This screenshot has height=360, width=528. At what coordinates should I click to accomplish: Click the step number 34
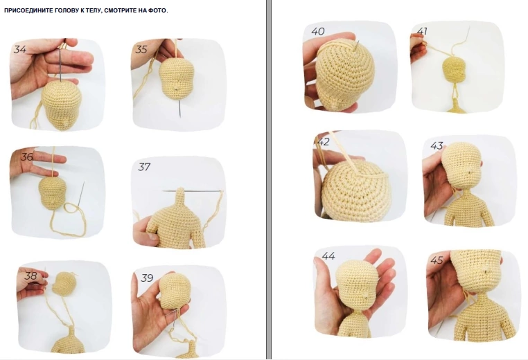pyautogui.click(x=20, y=49)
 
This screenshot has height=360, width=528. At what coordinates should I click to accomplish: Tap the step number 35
pyautogui.click(x=141, y=49)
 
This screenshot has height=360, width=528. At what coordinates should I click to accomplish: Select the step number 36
pyautogui.click(x=27, y=156)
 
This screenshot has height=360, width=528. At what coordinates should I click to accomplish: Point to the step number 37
pyautogui.click(x=144, y=167)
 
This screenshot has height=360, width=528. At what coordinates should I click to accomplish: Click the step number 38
pyautogui.click(x=30, y=276)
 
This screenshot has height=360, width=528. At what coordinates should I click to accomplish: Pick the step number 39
pyautogui.click(x=147, y=278)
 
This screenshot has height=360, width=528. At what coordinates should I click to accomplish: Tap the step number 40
pyautogui.click(x=318, y=31)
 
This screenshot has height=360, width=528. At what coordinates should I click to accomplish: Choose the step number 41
pyautogui.click(x=422, y=31)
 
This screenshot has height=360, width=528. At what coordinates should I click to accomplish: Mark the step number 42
pyautogui.click(x=324, y=142)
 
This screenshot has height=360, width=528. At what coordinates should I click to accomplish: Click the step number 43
pyautogui.click(x=437, y=145)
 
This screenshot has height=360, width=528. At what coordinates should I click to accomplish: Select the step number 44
pyautogui.click(x=328, y=256)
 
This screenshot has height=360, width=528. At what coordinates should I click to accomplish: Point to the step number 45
pyautogui.click(x=437, y=260)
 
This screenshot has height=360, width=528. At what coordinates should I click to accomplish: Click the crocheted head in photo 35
pyautogui.click(x=176, y=80)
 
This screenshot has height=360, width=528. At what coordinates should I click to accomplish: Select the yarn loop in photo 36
pyautogui.click(x=67, y=219)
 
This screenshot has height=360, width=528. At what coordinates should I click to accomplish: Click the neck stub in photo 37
pyautogui.click(x=180, y=199)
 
